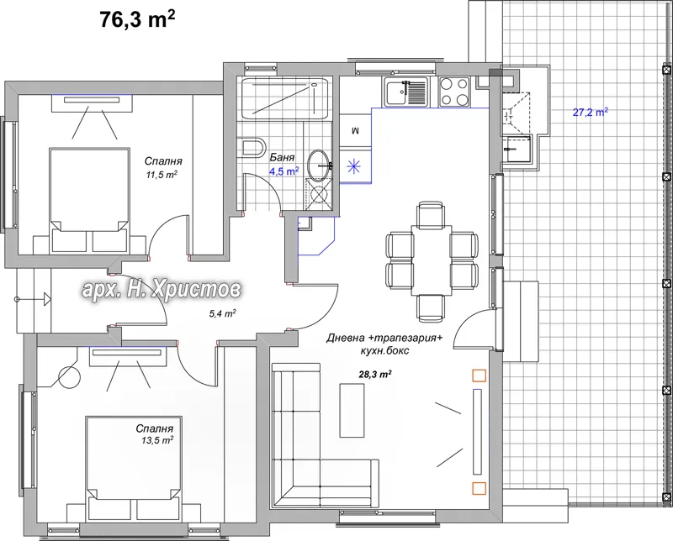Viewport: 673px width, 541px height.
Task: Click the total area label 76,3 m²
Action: tap(137, 19)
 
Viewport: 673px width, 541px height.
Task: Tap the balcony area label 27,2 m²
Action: tap(591, 113)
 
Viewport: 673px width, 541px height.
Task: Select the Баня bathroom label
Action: tap(282, 157)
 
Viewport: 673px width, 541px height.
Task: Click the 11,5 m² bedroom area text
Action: tap(162, 175)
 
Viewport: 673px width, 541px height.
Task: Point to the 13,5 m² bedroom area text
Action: tap(157, 440)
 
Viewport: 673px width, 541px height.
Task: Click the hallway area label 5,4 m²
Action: tap(223, 314)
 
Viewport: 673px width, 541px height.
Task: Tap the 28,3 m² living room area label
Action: tap(374, 374)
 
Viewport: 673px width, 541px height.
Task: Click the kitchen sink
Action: tap(406, 92)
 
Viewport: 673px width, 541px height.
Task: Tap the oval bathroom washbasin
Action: tap(320, 164)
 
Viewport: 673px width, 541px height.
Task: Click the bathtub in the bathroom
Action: tap(285, 98)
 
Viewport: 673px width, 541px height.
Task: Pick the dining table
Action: tap(432, 260)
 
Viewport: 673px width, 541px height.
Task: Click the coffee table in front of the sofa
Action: tap(352, 410)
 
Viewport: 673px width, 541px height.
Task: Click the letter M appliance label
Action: tap(355, 131)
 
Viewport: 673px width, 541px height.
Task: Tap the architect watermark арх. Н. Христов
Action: tap(162, 290)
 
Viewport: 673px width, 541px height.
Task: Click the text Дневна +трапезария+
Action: tap(384, 339)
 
